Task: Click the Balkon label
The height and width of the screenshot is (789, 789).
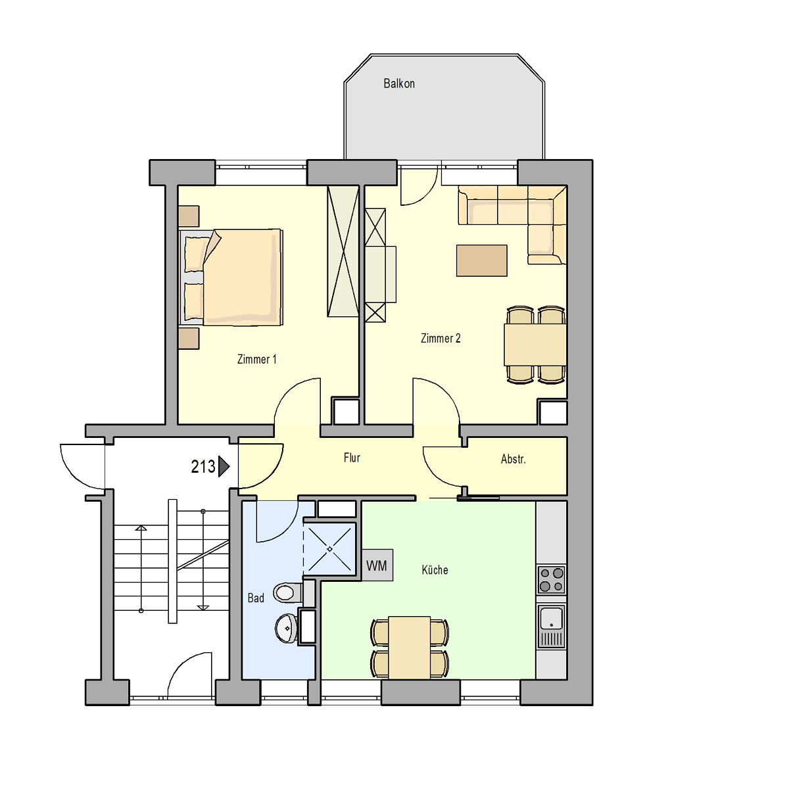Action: click(x=399, y=84)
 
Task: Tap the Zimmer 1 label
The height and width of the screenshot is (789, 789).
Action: click(x=256, y=359)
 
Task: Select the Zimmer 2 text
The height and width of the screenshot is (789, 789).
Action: click(x=441, y=338)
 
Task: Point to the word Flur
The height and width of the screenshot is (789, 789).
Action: click(x=352, y=458)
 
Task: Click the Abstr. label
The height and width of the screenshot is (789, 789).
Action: click(x=513, y=459)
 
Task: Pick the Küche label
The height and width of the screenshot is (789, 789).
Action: click(x=435, y=569)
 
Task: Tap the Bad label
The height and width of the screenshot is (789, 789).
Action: click(x=256, y=598)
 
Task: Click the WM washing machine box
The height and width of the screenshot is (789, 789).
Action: click(x=377, y=565)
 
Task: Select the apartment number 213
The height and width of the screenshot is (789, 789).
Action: click(x=203, y=466)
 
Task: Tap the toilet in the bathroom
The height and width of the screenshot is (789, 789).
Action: click(x=289, y=592)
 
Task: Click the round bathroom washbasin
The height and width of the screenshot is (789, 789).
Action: click(x=286, y=629)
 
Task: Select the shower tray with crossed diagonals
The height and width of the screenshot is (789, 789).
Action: click(x=329, y=549)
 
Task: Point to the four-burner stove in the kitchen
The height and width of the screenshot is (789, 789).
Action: click(x=551, y=579)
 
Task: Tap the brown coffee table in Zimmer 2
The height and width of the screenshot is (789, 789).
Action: click(x=481, y=260)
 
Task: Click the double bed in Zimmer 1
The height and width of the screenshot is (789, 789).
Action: click(x=231, y=277)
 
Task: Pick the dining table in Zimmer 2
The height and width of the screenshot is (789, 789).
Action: click(x=535, y=345)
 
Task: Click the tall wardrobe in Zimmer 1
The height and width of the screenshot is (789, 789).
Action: click(x=343, y=251)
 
